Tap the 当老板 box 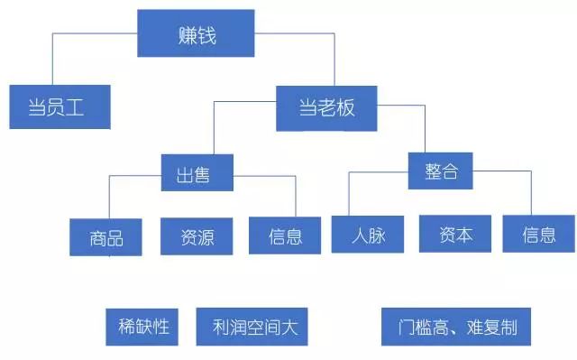pos(326,107)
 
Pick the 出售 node pos(197,171)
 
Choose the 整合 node pos(440,170)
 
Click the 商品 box pos(105,236)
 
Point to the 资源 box pos(197,236)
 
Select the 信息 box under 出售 pos(285,236)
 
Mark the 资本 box pos(454,234)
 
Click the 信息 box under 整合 pos(538,234)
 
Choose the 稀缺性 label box pos(143,326)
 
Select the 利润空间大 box pos(252,327)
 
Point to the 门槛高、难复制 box pos(455,327)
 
